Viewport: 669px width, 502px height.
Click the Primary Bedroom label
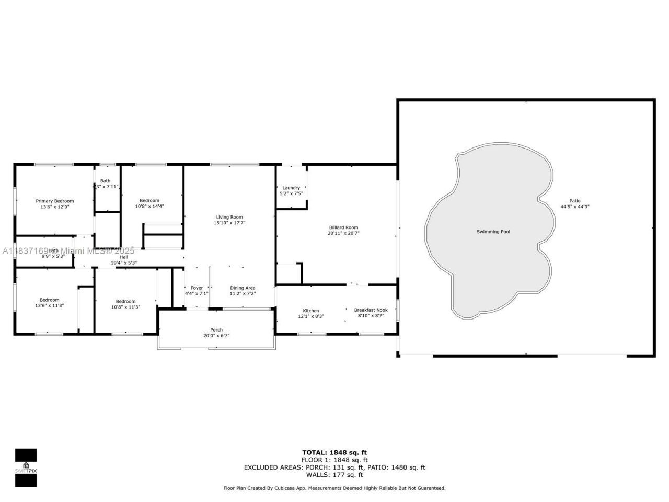click(54, 201)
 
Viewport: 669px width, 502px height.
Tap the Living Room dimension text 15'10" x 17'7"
click(229, 223)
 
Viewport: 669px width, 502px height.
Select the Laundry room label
click(291, 188)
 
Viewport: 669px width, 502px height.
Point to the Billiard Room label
click(343, 227)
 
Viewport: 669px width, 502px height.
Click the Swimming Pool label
click(493, 232)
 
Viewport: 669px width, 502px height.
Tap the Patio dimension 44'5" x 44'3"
click(575, 207)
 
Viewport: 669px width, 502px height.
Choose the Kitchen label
click(311, 311)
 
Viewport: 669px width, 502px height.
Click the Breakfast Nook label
click(371, 310)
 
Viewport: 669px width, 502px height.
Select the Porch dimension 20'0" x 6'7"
click(216, 336)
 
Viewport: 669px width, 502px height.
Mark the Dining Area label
click(243, 288)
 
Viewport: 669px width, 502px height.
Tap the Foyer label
click(197, 288)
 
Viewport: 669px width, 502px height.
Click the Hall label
click(124, 257)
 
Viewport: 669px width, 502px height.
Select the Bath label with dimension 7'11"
click(106, 181)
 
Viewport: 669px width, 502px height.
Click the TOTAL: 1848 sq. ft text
click(334, 452)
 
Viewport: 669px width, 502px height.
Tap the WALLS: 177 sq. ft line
click(334, 475)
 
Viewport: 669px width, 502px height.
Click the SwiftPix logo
click(26, 467)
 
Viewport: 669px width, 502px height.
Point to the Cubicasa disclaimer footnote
click(334, 488)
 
